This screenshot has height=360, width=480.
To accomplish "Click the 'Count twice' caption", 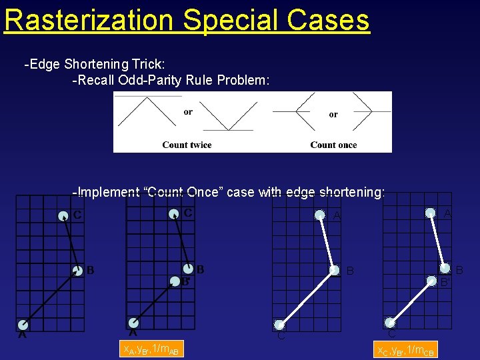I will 186,145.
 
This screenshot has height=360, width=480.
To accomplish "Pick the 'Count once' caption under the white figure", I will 333,145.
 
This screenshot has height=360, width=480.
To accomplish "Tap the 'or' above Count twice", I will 188,112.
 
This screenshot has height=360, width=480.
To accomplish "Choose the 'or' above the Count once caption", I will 333,114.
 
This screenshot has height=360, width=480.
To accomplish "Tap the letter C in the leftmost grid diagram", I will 78,215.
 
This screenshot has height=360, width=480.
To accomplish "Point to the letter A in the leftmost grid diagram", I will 22,335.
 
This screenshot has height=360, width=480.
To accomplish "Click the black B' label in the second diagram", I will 187,281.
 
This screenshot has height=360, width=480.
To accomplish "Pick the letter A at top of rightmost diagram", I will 447,213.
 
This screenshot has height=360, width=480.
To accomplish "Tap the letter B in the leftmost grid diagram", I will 90,270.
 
